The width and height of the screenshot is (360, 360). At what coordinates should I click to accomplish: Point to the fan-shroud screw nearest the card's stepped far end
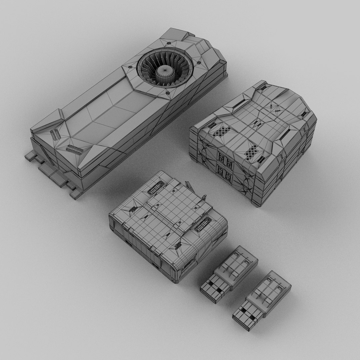(199, 63)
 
